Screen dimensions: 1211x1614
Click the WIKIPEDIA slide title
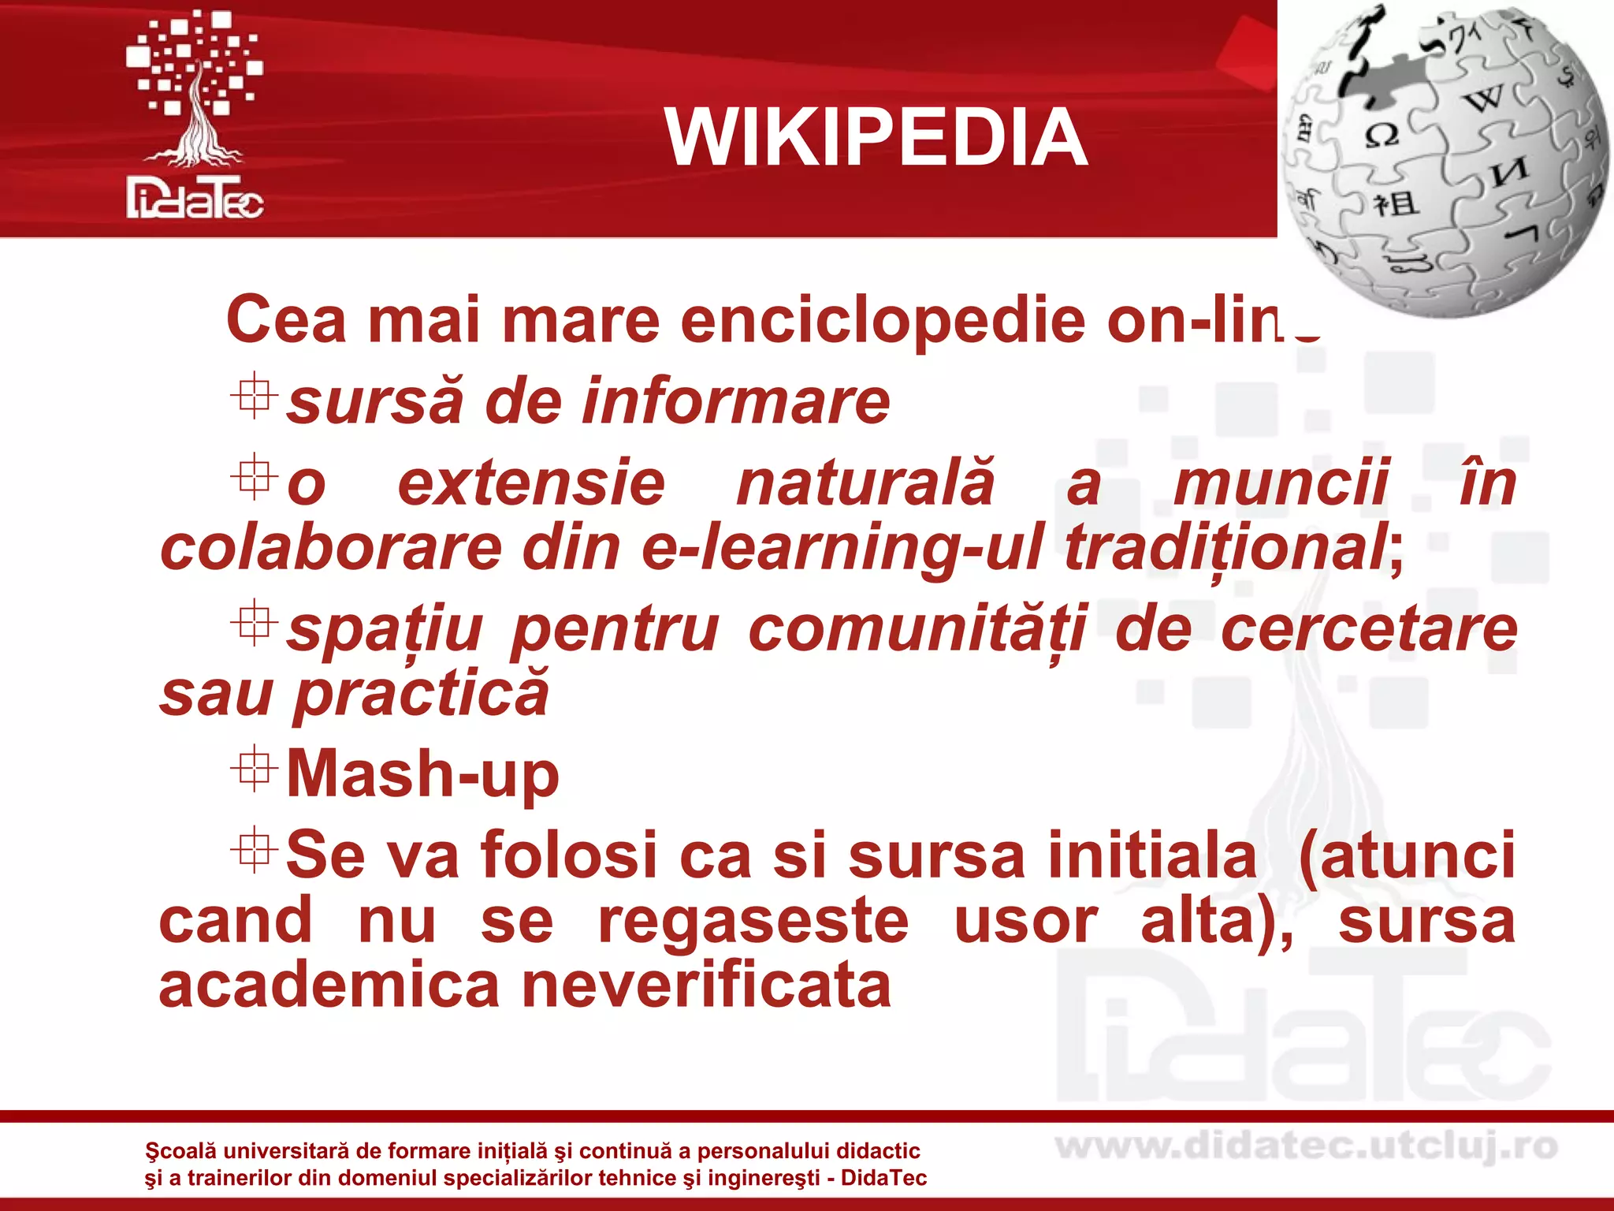point(876,138)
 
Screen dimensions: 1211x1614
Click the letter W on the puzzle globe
point(1483,100)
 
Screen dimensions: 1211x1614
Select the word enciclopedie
point(883,320)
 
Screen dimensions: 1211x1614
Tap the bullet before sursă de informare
point(254,397)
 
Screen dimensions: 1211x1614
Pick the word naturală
point(865,483)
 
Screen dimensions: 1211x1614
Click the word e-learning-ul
point(842,549)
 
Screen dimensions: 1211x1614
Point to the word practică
point(421,694)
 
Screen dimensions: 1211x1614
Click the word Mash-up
point(422,774)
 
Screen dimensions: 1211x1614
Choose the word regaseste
point(753,921)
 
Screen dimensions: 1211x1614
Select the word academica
point(329,986)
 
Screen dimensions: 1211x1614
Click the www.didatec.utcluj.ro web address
point(1306,1147)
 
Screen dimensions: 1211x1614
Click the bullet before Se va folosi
point(254,850)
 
